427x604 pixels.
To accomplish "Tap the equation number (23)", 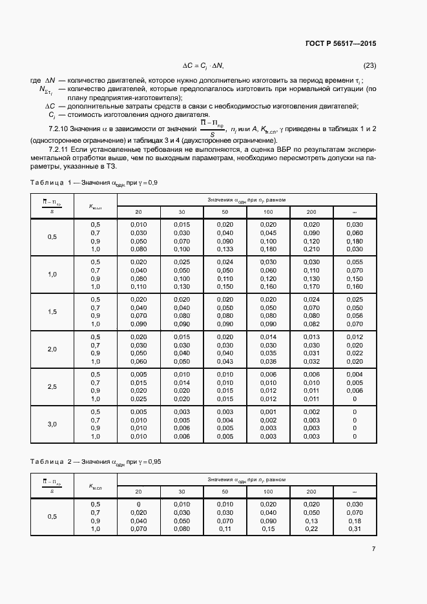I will [x=369, y=65].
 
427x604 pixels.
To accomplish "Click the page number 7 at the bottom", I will [x=373, y=548].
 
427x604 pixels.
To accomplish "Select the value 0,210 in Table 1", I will [x=311, y=249].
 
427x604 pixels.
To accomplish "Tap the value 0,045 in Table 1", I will [x=269, y=232].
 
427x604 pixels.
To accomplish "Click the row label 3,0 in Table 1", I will [x=52, y=424].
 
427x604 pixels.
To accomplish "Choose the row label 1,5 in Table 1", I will [x=52, y=311].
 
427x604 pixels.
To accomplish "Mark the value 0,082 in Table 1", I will [x=311, y=324].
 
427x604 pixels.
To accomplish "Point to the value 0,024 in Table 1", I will [x=311, y=299].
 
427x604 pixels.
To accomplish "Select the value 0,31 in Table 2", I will [x=354, y=529].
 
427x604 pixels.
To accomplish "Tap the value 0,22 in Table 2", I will [x=311, y=529].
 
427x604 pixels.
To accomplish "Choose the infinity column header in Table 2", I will [x=354, y=491].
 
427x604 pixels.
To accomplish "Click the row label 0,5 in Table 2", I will [x=52, y=517].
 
